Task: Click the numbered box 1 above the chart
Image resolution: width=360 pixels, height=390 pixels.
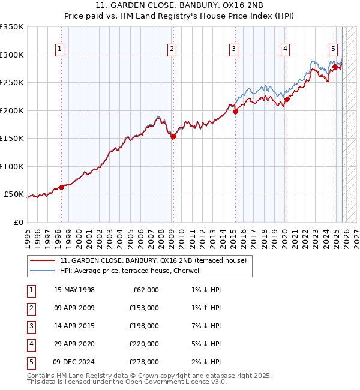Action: [x=61, y=49]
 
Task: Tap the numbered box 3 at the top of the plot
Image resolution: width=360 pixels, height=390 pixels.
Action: [x=233, y=49]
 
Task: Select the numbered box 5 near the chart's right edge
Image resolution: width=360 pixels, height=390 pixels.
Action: [x=333, y=49]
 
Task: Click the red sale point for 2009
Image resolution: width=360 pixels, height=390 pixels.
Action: [x=173, y=137]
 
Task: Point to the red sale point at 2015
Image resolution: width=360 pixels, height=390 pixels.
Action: [x=235, y=112]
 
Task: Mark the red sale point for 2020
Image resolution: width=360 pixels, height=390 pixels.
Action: [x=287, y=100]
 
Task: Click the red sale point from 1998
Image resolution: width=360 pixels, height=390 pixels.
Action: [x=61, y=188]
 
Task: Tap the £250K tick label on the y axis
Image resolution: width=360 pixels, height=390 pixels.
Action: [x=12, y=83]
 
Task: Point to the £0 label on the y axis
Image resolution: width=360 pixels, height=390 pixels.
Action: [x=18, y=223]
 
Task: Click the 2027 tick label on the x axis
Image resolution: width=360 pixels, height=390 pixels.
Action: [x=356, y=236]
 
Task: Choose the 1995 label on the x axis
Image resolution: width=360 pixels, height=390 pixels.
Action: [x=28, y=236]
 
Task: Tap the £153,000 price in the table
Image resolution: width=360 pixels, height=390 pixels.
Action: [x=143, y=308]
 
